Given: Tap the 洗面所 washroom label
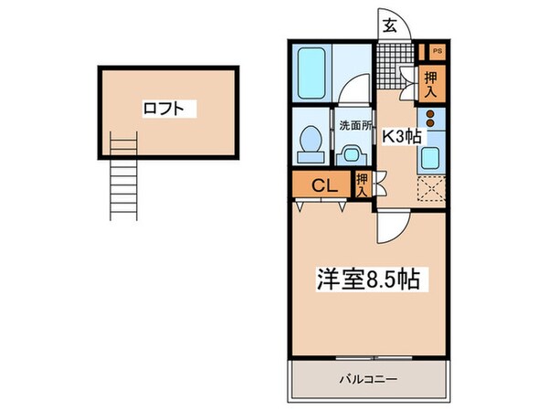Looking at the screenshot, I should [353, 126].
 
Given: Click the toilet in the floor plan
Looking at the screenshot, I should [309, 143].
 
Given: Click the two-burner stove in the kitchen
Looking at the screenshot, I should [429, 121].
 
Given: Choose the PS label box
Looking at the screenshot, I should [437, 51].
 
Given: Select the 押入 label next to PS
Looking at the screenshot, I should [431, 84].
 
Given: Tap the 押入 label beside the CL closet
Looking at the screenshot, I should [363, 184].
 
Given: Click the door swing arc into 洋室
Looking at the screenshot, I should [390, 224].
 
